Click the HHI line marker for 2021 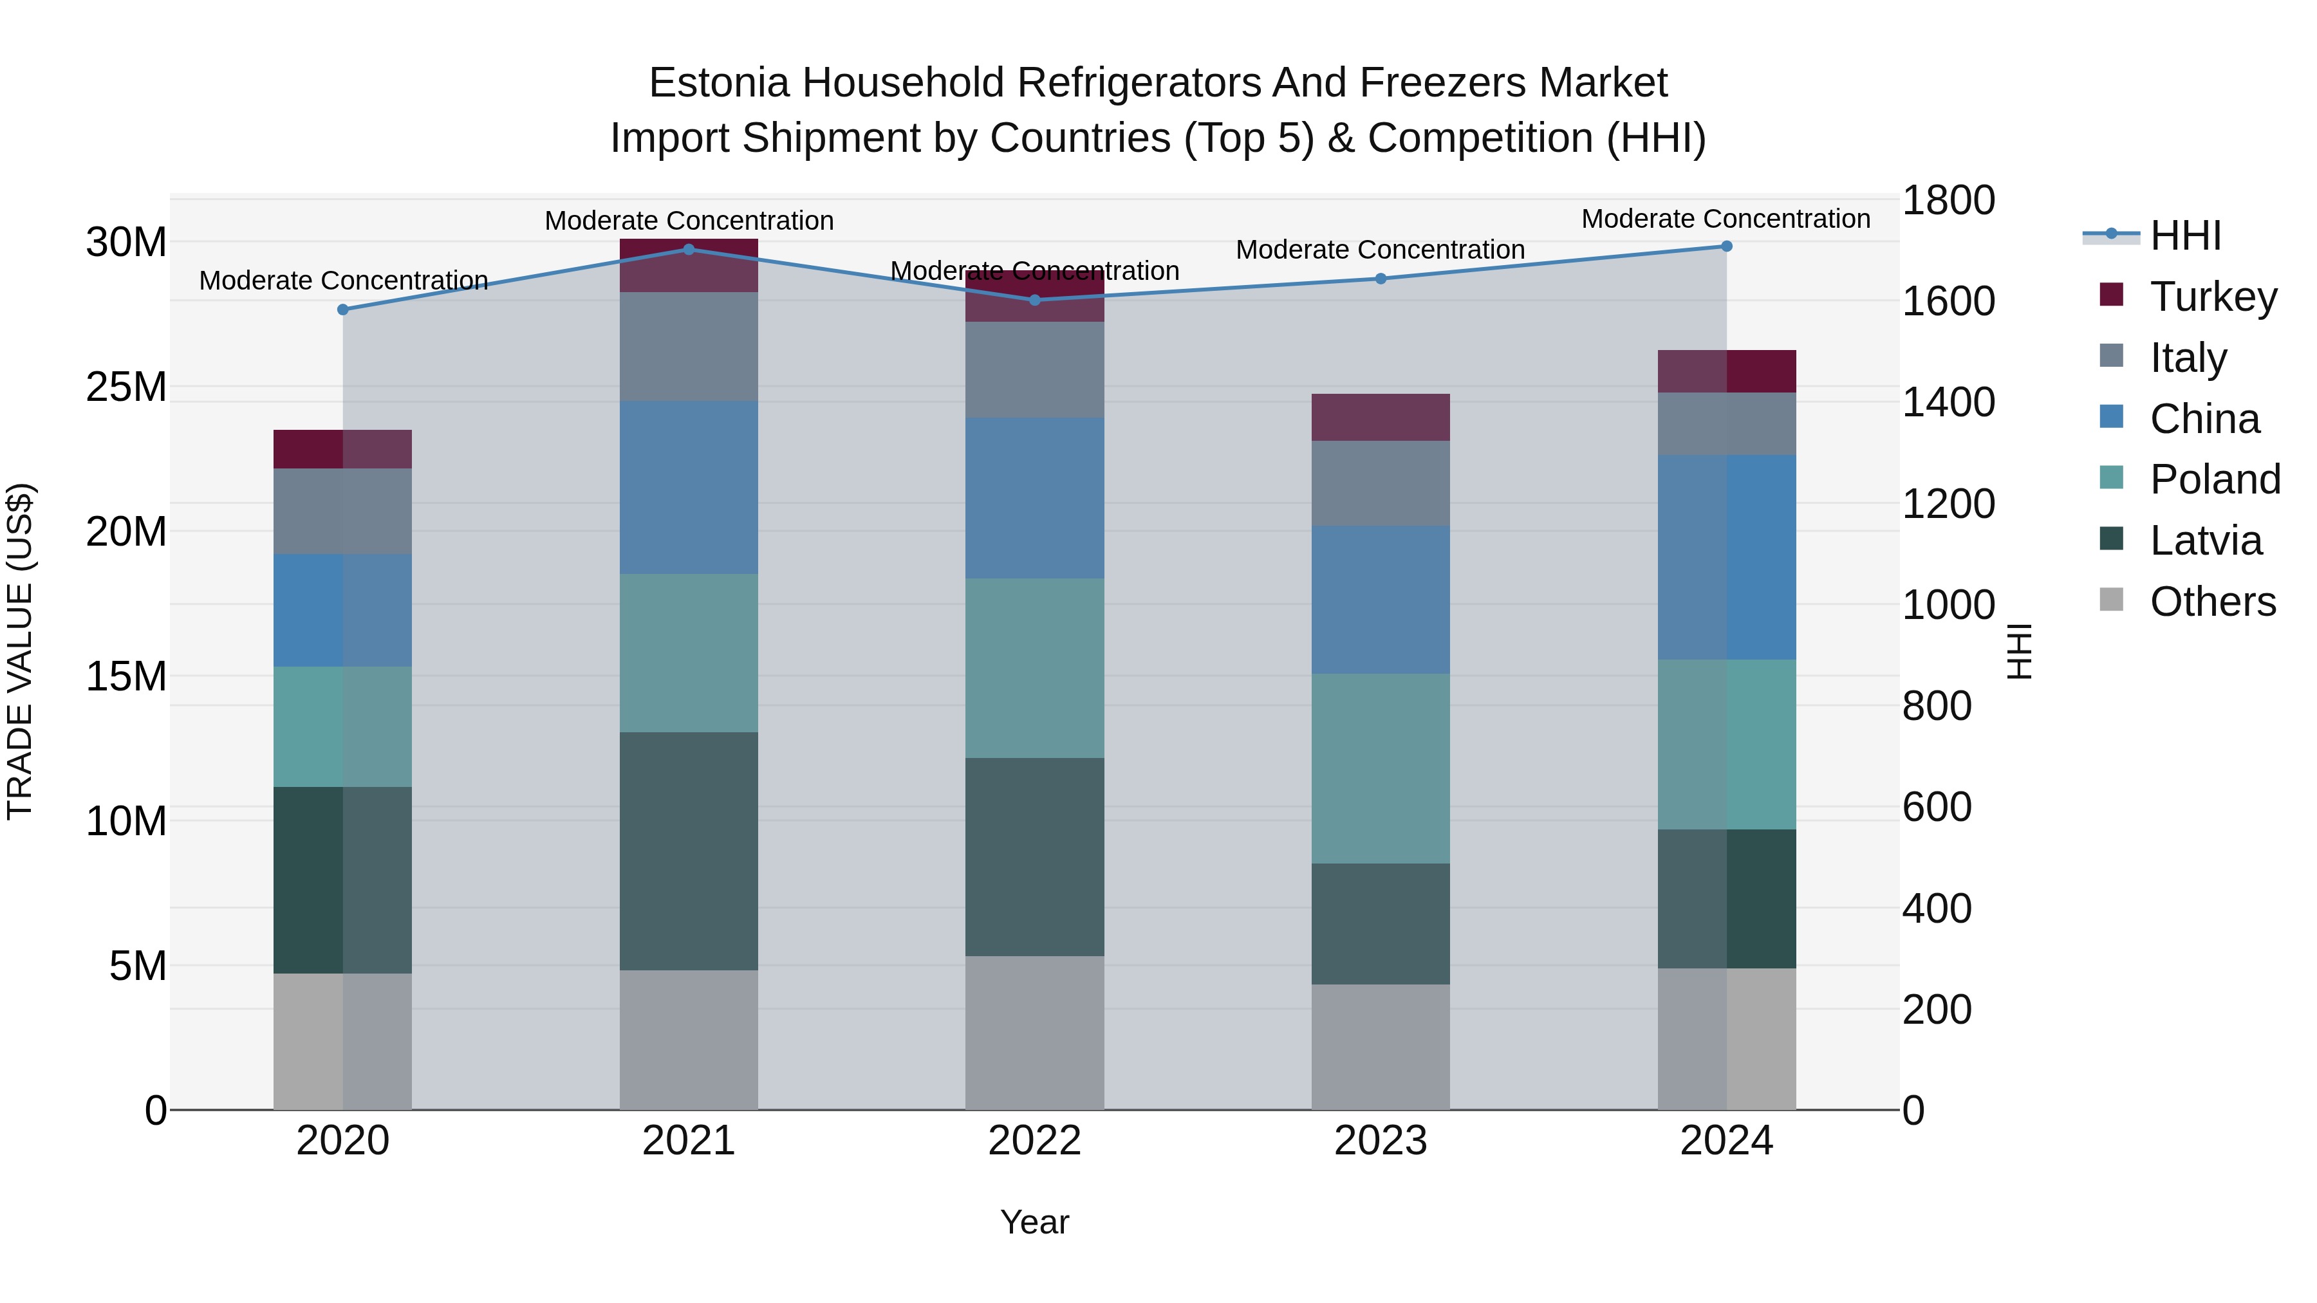pyautogui.click(x=689, y=249)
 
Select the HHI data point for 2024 pyautogui.click(x=1726, y=246)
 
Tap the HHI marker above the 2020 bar pyautogui.click(x=342, y=310)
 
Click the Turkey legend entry pyautogui.click(x=2213, y=296)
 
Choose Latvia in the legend pyautogui.click(x=2206, y=541)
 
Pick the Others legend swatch pyautogui.click(x=2111, y=600)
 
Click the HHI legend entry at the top pyautogui.click(x=2186, y=236)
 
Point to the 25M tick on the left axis pyautogui.click(x=127, y=387)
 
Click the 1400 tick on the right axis pyautogui.click(x=1948, y=402)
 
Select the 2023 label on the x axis pyautogui.click(x=1381, y=1141)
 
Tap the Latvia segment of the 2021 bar pyautogui.click(x=689, y=851)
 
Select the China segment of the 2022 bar pyautogui.click(x=1034, y=497)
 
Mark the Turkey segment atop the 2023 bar pyautogui.click(x=1381, y=417)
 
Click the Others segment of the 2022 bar pyautogui.click(x=1034, y=1032)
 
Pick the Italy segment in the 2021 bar pyautogui.click(x=689, y=346)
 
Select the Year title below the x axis pyautogui.click(x=1034, y=1222)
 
